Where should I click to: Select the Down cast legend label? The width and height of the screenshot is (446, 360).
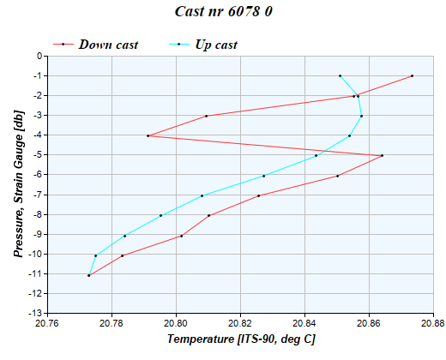point(108,44)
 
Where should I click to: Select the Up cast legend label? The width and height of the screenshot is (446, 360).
point(216,44)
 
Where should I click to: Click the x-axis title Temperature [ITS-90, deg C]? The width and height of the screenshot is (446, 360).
point(240,340)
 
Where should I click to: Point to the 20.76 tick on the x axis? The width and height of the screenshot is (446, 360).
point(48,323)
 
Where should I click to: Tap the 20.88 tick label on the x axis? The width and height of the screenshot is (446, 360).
point(433,323)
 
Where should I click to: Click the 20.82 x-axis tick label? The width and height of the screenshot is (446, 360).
point(240,323)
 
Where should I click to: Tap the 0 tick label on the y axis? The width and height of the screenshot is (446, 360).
point(39,57)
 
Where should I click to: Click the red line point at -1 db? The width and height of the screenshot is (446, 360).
point(413,76)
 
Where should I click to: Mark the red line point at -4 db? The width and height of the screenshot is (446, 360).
point(148,135)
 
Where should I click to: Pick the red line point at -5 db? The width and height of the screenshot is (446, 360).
point(383,155)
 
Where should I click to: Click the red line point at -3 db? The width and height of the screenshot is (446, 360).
point(207,116)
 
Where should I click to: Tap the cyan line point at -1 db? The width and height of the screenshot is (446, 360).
point(340,76)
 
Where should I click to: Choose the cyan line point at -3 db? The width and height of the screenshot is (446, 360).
point(362,116)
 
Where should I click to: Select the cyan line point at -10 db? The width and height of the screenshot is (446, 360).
point(95,255)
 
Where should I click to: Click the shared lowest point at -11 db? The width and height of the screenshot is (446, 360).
point(88,275)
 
